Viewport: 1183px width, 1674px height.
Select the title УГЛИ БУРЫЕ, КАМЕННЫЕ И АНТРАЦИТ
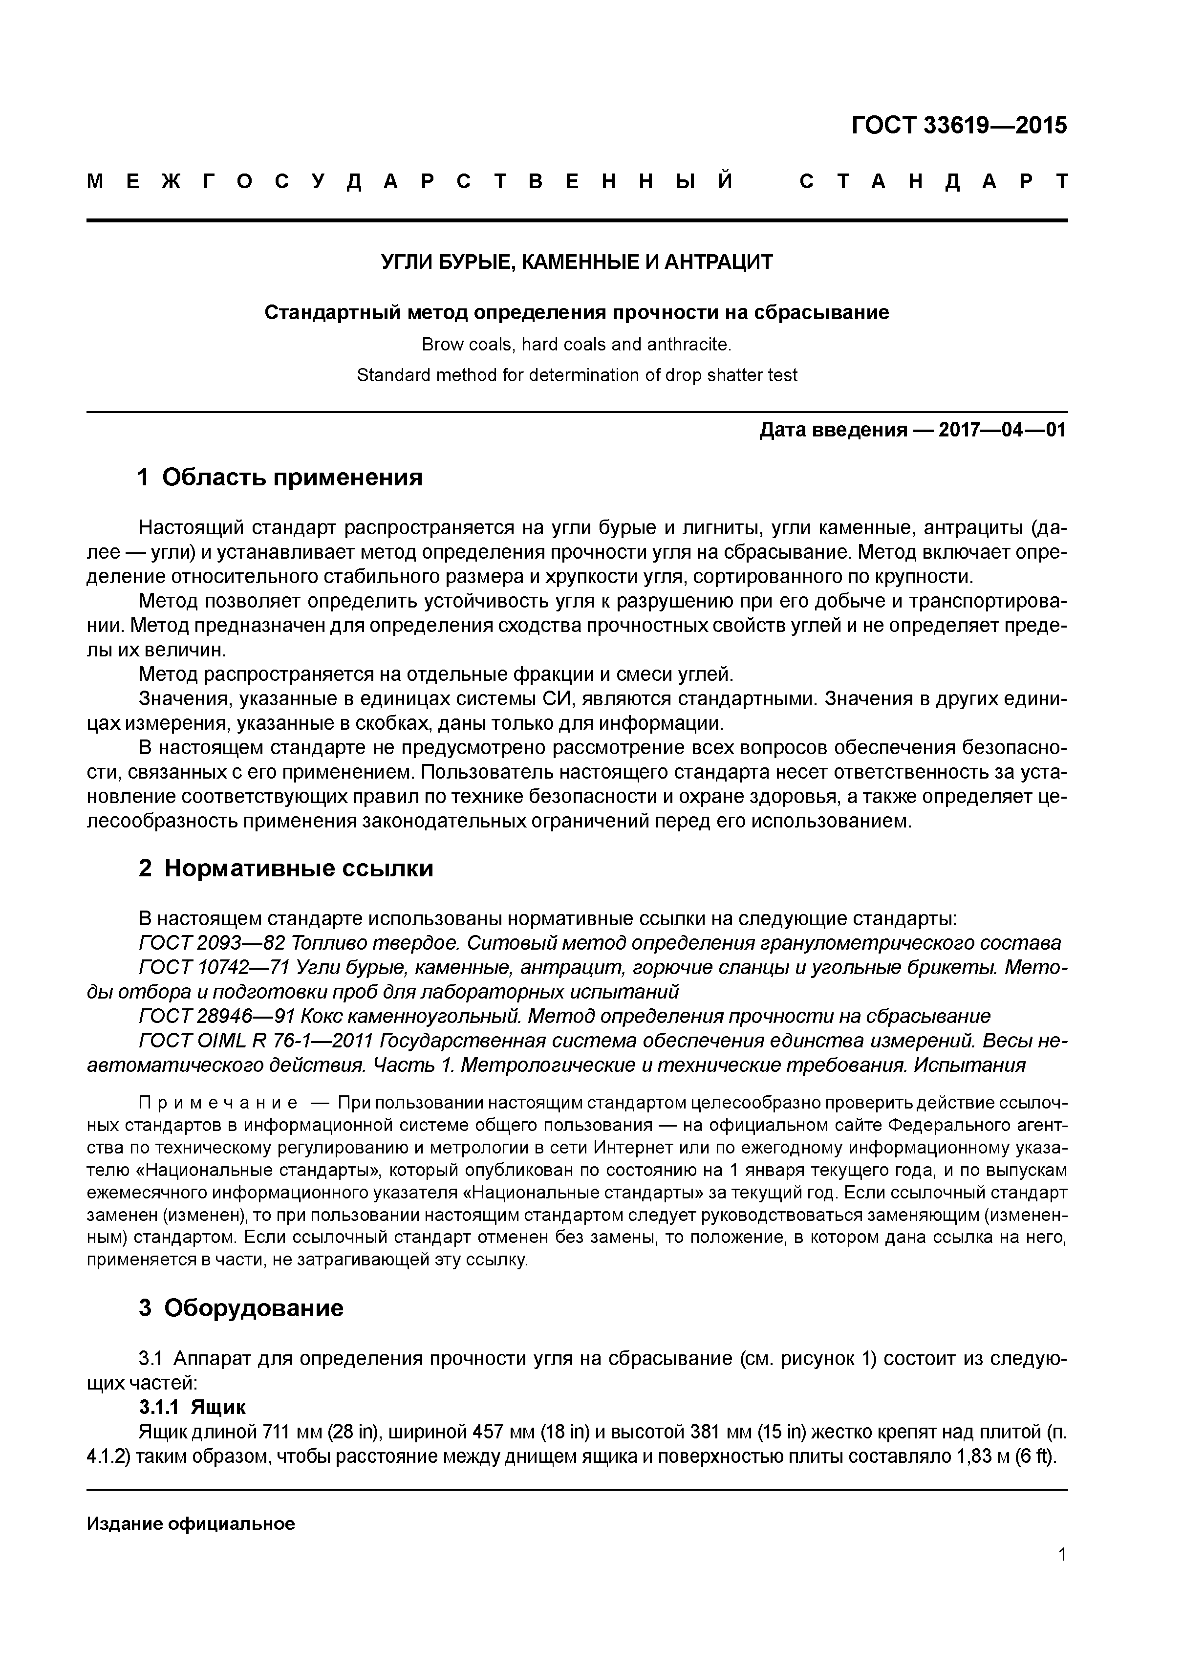point(577,262)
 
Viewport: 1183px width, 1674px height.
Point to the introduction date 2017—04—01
point(1002,430)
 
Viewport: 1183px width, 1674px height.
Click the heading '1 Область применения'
point(280,478)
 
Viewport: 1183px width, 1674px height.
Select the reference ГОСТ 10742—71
point(215,968)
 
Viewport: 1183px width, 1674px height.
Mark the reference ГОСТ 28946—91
point(215,1016)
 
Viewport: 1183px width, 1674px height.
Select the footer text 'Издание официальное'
point(190,1524)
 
